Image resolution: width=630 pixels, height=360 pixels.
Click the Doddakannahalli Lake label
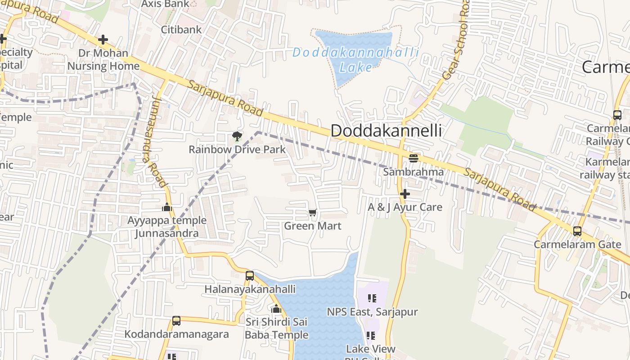(355, 59)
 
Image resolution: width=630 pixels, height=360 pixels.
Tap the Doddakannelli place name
(386, 131)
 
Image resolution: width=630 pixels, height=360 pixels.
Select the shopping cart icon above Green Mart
(312, 212)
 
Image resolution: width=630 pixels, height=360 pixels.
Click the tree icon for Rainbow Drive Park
(237, 136)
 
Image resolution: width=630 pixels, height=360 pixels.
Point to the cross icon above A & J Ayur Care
(405, 194)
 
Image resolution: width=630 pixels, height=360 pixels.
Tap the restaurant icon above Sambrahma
(413, 158)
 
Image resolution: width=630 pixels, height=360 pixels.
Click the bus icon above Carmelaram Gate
(577, 231)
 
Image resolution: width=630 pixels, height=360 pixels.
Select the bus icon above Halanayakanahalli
(250, 275)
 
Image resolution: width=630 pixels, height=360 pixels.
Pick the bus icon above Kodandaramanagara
(176, 321)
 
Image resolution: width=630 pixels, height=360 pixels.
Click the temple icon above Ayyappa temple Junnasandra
(167, 207)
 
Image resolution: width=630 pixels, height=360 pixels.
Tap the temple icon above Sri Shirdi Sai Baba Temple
(276, 309)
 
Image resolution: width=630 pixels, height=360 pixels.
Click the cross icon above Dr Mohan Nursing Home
(103, 40)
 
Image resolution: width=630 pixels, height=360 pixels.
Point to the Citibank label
(181, 30)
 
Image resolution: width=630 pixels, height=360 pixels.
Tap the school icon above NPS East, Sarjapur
(372, 298)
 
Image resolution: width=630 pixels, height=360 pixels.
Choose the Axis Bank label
(165, 4)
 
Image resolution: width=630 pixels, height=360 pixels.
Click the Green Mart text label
(312, 226)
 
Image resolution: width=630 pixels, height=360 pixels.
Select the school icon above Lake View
(371, 335)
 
